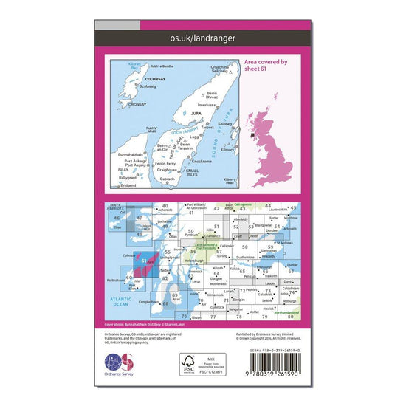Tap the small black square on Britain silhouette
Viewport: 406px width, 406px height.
point(253,135)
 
